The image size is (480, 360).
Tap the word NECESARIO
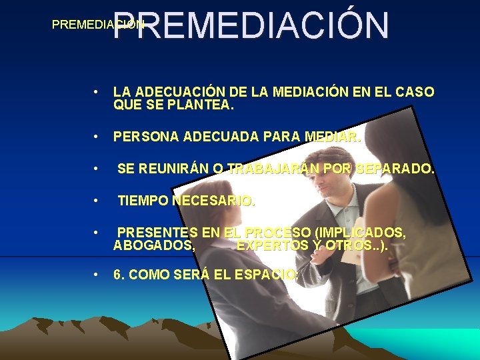(x=213, y=201)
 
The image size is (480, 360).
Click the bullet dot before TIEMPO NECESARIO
(x=97, y=201)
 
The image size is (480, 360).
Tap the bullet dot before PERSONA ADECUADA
(x=97, y=137)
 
